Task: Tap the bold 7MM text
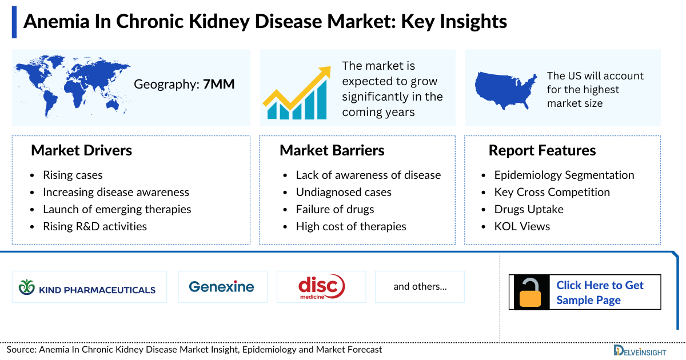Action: click(218, 85)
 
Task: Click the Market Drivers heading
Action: click(81, 150)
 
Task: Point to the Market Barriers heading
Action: click(332, 150)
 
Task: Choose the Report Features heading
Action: click(542, 150)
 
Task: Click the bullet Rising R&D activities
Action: click(95, 226)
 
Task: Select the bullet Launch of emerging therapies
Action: click(117, 209)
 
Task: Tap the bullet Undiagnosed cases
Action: click(344, 192)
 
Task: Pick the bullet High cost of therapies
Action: click(350, 226)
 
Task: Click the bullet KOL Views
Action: click(522, 226)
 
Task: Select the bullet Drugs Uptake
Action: click(529, 209)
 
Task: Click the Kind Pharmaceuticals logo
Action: click(88, 287)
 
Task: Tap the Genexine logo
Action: click(221, 287)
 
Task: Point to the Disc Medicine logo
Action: click(321, 287)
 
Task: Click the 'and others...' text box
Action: click(420, 287)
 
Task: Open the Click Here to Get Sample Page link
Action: click(600, 293)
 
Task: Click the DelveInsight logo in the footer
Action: click(646, 350)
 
